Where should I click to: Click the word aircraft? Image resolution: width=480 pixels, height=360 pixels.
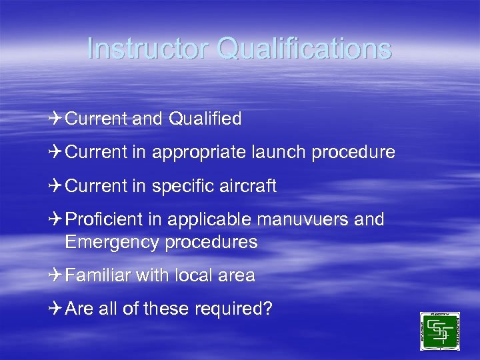pos(246,186)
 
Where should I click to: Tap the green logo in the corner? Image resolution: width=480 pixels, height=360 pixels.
pos(439,331)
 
